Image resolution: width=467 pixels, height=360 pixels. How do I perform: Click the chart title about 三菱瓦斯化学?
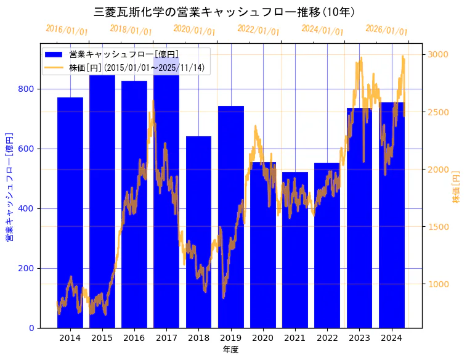tap(225, 12)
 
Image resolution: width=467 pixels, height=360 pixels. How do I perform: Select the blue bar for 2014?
tap(70, 213)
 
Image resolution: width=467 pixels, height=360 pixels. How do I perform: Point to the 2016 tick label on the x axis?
tap(134, 338)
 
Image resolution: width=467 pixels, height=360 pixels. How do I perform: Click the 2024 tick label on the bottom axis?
tap(392, 338)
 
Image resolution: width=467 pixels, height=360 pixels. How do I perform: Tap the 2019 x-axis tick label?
tap(231, 338)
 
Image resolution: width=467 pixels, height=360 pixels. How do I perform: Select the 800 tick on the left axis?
tap(26, 89)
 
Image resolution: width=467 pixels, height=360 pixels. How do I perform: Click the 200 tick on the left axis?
tap(26, 268)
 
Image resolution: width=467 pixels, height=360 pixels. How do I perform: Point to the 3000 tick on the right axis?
tap(439, 55)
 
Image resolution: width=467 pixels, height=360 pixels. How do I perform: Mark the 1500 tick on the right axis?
tap(439, 227)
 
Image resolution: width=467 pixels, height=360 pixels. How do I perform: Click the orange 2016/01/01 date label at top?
tap(67, 30)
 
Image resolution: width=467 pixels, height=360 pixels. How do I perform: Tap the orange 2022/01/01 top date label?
tap(258, 30)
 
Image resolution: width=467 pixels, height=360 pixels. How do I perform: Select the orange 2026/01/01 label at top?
tap(386, 30)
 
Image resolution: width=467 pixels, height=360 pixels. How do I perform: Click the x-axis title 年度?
tap(230, 350)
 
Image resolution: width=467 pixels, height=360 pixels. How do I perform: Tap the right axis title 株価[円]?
tap(457, 187)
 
